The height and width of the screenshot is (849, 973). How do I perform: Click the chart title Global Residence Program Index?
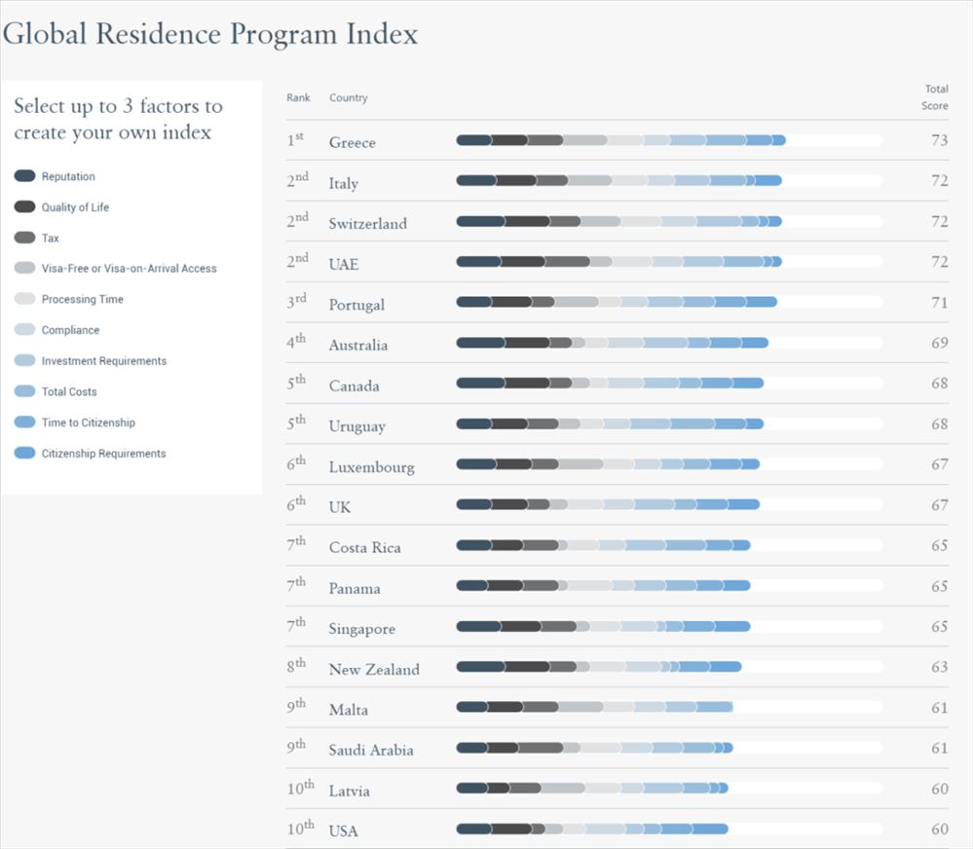click(x=210, y=34)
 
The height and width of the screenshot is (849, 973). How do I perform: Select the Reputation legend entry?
click(x=68, y=176)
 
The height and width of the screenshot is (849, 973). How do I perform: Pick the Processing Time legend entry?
click(x=82, y=299)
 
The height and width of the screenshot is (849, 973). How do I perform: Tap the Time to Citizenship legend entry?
click(x=88, y=423)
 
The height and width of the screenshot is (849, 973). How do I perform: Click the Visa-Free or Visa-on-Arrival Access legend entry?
click(x=129, y=268)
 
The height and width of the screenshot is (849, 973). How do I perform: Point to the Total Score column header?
click(x=935, y=97)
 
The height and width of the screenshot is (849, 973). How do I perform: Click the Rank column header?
click(x=298, y=97)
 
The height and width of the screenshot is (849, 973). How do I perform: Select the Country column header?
click(x=348, y=97)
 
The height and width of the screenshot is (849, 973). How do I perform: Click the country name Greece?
click(x=352, y=142)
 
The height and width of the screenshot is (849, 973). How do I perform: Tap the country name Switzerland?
click(x=367, y=223)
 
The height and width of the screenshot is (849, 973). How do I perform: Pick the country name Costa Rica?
click(x=364, y=547)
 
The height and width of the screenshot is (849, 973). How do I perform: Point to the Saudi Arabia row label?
click(x=370, y=750)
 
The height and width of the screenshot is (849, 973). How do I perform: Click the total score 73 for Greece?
click(x=939, y=140)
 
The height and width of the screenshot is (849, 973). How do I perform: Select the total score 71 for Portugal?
click(x=939, y=303)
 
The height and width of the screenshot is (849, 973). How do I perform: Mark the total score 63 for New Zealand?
click(x=939, y=667)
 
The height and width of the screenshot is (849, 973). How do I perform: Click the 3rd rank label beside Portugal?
click(x=296, y=302)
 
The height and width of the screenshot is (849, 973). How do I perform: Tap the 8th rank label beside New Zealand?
click(x=296, y=666)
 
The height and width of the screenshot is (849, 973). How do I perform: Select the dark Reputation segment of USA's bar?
click(x=474, y=829)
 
